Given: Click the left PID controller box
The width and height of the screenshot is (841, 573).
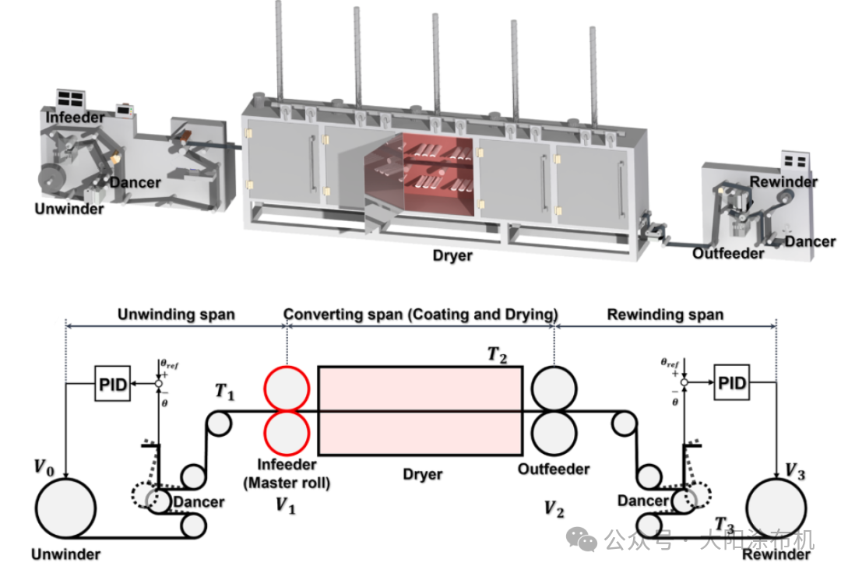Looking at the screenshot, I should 112,384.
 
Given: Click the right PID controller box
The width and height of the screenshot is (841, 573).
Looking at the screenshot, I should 730,383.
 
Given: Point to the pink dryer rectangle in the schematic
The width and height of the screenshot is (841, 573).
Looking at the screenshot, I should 420,410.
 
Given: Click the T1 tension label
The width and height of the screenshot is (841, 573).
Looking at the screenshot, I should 224,392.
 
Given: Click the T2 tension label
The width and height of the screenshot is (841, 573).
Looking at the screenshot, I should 498,354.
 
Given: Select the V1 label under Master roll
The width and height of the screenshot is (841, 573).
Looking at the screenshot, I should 286,505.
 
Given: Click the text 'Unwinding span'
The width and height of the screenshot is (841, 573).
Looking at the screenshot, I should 175,315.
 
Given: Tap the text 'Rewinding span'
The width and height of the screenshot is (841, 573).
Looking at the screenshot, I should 665,315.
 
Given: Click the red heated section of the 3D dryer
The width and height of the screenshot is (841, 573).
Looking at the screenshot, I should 436,175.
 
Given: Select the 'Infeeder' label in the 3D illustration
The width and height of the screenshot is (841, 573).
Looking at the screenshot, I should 75,118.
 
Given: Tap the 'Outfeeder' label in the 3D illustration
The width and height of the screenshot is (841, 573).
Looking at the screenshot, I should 727,253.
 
